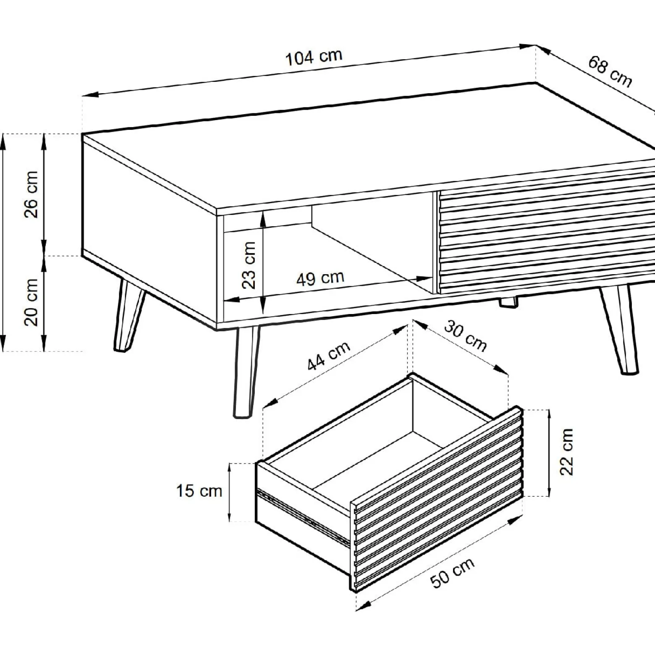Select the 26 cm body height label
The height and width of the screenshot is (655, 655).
(31, 194)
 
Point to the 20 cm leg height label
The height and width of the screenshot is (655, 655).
(31, 302)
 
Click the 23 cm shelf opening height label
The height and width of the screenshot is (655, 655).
(249, 265)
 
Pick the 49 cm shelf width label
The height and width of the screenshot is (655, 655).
(320, 278)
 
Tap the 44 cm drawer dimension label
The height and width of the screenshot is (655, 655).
(328, 356)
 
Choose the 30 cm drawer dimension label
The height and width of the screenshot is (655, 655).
(465, 336)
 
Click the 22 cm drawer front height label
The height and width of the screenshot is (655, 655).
(566, 452)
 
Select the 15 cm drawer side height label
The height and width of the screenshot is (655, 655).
(199, 490)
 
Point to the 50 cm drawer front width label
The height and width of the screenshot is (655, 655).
(452, 573)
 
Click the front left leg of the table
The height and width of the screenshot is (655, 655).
(246, 371)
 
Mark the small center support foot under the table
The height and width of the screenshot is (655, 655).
(508, 303)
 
